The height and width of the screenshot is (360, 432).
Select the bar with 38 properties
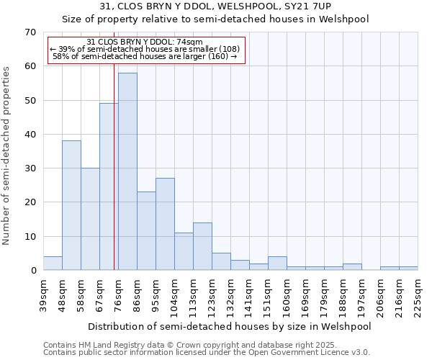click(71, 205)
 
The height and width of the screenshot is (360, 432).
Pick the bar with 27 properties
click(165, 224)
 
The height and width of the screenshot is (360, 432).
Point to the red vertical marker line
click(114, 180)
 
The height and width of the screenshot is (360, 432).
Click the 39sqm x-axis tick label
click(43, 293)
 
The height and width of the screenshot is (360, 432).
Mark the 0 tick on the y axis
click(32, 271)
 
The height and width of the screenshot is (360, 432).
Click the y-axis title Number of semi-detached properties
click(7, 156)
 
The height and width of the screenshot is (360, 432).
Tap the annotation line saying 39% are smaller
click(145, 49)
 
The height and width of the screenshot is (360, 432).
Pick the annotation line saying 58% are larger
click(145, 56)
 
